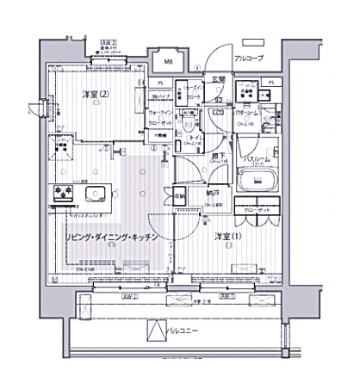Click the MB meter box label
click(x=168, y=62)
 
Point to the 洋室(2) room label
click(x=96, y=93)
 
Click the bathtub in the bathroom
click(x=255, y=182)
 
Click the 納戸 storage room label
click(x=213, y=195)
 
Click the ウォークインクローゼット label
click(x=160, y=117)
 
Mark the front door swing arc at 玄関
click(x=221, y=59)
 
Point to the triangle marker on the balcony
click(x=156, y=331)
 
